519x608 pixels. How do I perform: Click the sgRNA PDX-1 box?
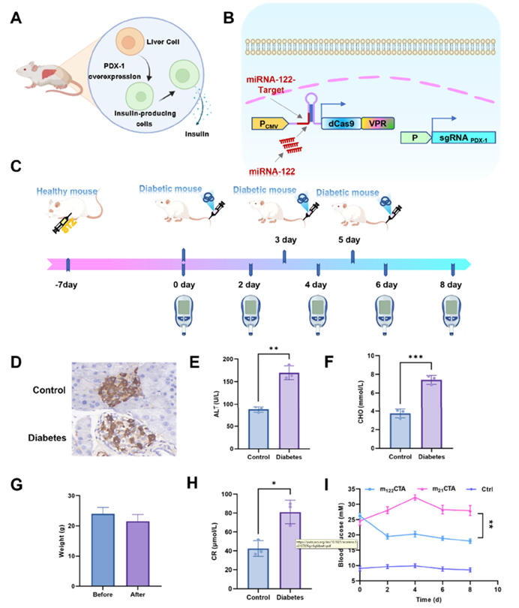click(x=466, y=138)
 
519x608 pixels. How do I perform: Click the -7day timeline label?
click(x=67, y=285)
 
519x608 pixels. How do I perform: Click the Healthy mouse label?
click(x=66, y=192)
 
